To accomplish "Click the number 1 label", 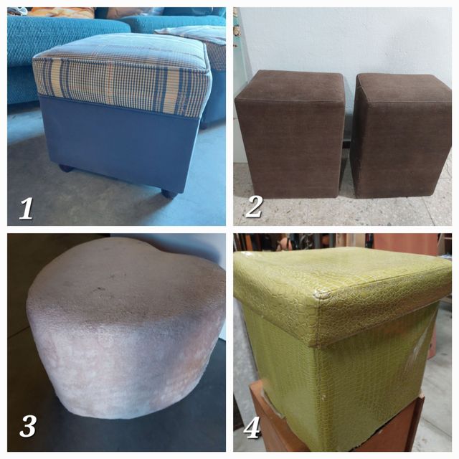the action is [x=26, y=209].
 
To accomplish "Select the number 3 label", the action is [x=27, y=426].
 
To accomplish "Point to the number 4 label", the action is [x=252, y=427].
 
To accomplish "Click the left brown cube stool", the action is [x=290, y=135].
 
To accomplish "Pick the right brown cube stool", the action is [x=402, y=136].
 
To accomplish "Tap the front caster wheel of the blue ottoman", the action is [x=169, y=194].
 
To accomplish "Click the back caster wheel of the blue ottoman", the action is [x=66, y=168].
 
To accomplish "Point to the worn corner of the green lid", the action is [x=322, y=293].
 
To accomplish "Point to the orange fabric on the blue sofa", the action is [x=62, y=12].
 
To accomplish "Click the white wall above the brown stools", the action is [x=346, y=38].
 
